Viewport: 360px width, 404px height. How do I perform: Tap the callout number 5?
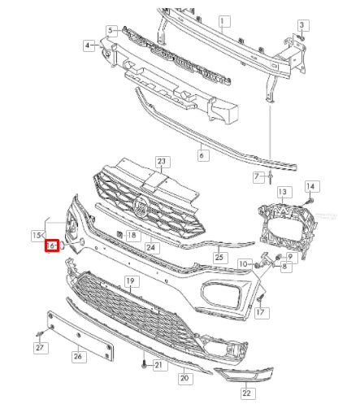point(111,30)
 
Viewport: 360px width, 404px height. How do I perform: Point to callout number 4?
point(89,46)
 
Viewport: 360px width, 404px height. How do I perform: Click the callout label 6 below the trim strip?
point(202,152)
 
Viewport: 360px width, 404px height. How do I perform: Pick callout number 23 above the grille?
point(161,161)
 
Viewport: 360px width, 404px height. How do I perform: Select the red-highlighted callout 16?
point(51,245)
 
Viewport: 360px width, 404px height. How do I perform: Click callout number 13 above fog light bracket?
point(282,192)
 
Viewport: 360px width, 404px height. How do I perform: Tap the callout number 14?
point(309,186)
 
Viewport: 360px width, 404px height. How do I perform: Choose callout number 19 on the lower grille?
point(128,281)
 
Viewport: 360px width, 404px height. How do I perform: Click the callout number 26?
point(78,354)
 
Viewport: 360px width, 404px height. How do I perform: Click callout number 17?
point(261,312)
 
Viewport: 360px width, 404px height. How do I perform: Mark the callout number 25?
point(219,258)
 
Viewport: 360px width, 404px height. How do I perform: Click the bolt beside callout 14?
point(310,199)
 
